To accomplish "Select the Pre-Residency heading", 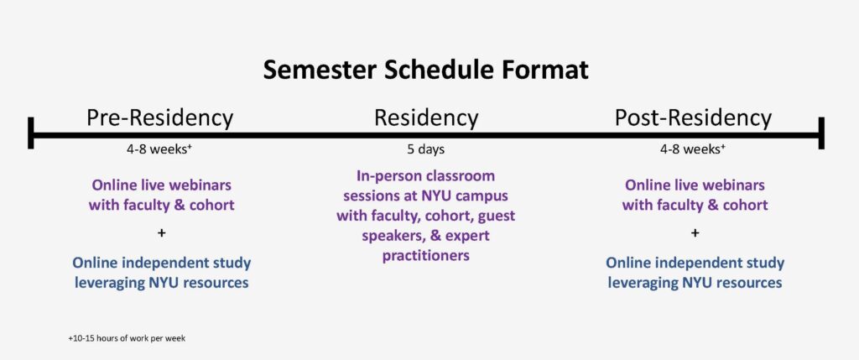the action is (x=160, y=118).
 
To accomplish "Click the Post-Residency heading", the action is (x=693, y=118).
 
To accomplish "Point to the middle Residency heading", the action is (x=426, y=118).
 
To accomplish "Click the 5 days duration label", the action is (x=426, y=149).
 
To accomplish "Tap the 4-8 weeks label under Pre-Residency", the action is (x=159, y=149).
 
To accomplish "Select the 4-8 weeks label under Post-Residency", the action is (x=693, y=149).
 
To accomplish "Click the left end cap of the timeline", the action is (x=31, y=133).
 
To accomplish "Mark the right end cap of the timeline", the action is (x=821, y=133).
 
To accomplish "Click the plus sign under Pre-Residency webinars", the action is (x=161, y=233).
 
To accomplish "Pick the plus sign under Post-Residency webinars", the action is (x=695, y=233).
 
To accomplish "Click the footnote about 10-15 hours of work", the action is (x=127, y=339).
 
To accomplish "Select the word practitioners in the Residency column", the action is (x=425, y=256).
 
